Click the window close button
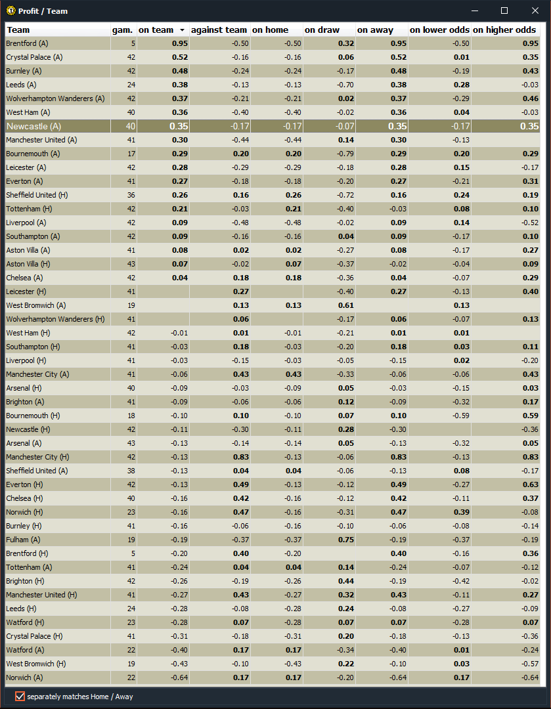click(x=535, y=11)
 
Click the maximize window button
click(x=504, y=11)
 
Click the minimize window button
click(x=474, y=11)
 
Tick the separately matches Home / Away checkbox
click(x=20, y=696)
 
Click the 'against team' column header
click(x=219, y=30)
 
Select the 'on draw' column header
click(x=322, y=30)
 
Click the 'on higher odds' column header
click(x=504, y=30)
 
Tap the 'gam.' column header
click(x=123, y=30)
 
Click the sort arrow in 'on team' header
click(x=182, y=30)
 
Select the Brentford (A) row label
click(x=27, y=43)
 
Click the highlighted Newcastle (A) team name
click(x=33, y=126)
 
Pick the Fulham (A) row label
click(x=23, y=540)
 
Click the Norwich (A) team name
click(x=24, y=677)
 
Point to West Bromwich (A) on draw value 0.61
click(x=345, y=305)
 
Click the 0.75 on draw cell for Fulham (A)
click(x=345, y=540)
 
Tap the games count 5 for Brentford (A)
click(x=133, y=43)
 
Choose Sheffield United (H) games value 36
click(x=131, y=195)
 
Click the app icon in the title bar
click(x=11, y=11)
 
